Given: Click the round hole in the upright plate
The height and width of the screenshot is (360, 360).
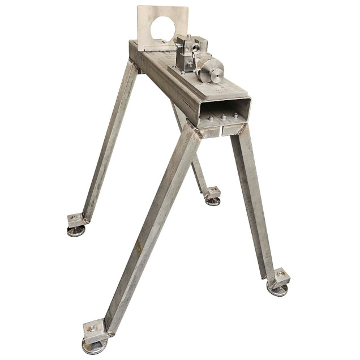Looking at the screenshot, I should (164, 25).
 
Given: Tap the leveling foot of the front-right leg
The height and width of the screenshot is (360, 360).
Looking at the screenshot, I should (277, 290).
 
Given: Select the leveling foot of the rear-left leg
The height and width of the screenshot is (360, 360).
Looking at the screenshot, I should (76, 230).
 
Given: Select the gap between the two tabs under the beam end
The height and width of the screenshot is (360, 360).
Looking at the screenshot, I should (221, 131).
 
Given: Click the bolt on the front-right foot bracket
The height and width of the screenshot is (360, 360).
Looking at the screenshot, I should (280, 276).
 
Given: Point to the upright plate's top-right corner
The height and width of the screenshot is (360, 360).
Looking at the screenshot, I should (187, 7).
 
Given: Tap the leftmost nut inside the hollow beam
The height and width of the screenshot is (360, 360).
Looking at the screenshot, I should (210, 118).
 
